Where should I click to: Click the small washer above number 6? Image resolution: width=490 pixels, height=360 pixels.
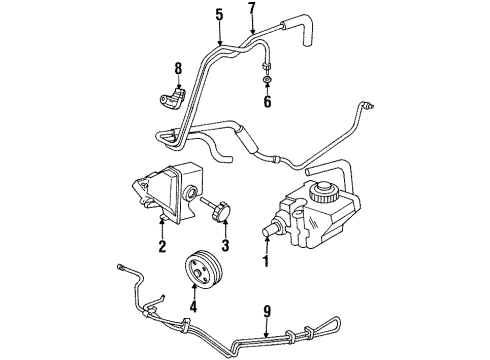tap(268, 79)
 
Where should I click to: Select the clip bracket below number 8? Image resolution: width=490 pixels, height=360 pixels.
tap(170, 98)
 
